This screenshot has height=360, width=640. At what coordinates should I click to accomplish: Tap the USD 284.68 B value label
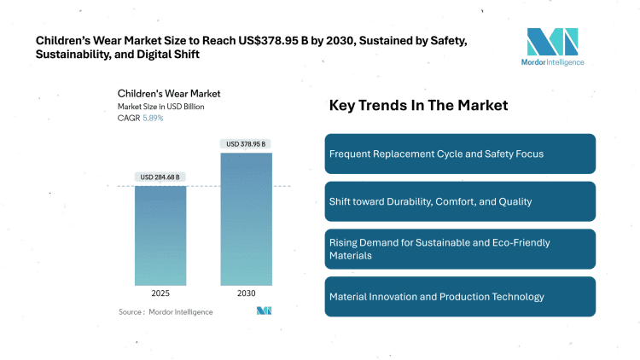[x=160, y=177]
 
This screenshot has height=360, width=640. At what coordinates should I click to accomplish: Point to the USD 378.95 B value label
[x=247, y=144]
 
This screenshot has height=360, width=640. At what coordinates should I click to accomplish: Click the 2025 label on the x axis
[x=160, y=293]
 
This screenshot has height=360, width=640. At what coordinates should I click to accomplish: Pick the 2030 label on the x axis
[x=247, y=293]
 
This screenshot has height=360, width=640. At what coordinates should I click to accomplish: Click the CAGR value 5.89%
[x=152, y=118]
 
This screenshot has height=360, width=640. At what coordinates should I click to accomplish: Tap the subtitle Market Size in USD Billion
[x=161, y=106]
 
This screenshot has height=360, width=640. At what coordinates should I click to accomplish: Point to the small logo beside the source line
[x=264, y=311]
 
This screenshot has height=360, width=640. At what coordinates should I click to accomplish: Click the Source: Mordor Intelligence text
[x=166, y=311]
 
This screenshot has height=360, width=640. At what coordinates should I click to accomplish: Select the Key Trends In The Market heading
[x=418, y=106]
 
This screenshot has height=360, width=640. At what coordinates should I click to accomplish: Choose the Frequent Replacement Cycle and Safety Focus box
[x=460, y=154]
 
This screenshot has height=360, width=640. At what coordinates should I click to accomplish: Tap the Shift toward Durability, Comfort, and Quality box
[x=460, y=201]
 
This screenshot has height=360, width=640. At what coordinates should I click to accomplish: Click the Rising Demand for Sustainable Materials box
[x=460, y=248]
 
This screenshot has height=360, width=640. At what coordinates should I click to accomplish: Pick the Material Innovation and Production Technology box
[x=460, y=296]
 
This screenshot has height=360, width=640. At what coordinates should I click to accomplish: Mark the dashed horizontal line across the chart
[x=204, y=186]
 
